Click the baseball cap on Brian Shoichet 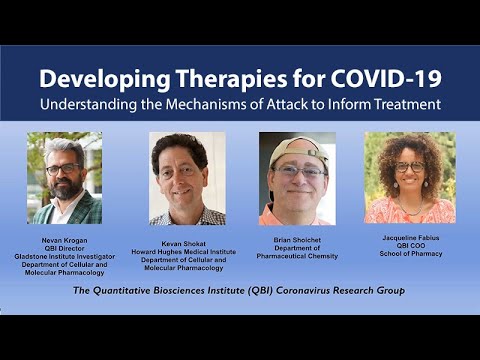(297, 149)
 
